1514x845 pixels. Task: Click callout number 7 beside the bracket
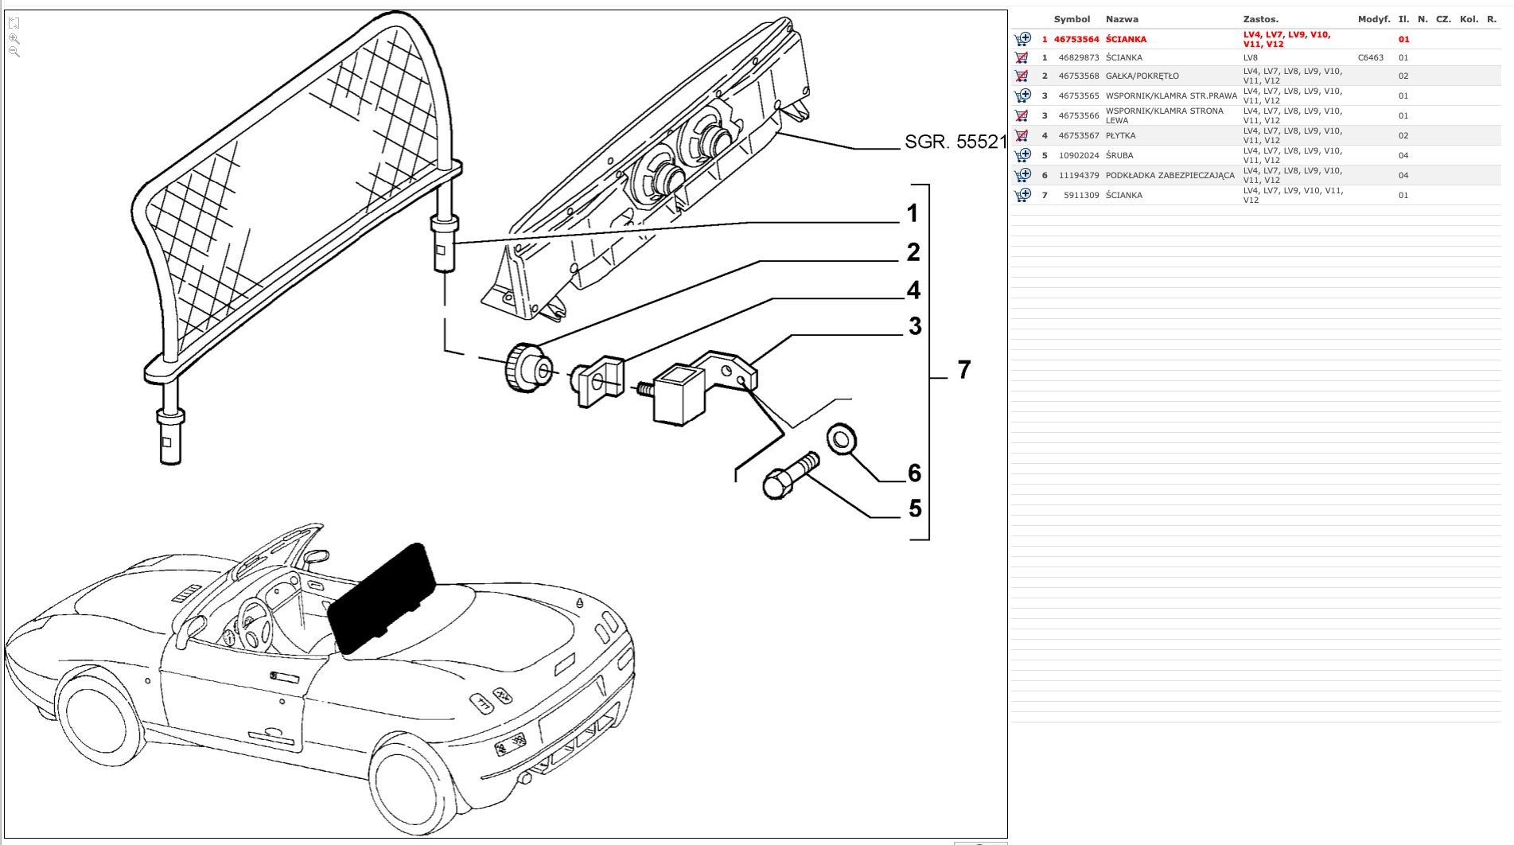click(x=964, y=370)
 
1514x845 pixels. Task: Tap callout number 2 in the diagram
click(x=913, y=252)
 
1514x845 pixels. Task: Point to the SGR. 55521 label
click(x=955, y=142)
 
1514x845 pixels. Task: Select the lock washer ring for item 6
click(x=841, y=438)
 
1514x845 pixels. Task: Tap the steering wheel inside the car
click(x=254, y=622)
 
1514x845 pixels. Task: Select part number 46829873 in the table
click(x=1078, y=57)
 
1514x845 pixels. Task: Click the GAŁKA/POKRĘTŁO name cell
click(x=1142, y=76)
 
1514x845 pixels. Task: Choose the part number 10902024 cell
click(x=1078, y=156)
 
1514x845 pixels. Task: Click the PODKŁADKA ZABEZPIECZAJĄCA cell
click(x=1170, y=176)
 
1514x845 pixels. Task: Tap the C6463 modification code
click(x=1370, y=57)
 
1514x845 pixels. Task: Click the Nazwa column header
click(x=1122, y=19)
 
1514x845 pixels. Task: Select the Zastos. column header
click(x=1260, y=19)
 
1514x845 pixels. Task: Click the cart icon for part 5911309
click(x=1022, y=195)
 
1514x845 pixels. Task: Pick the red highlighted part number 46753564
click(x=1076, y=39)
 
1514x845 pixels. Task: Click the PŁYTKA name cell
click(x=1120, y=136)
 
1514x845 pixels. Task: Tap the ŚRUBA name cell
click(x=1119, y=156)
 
